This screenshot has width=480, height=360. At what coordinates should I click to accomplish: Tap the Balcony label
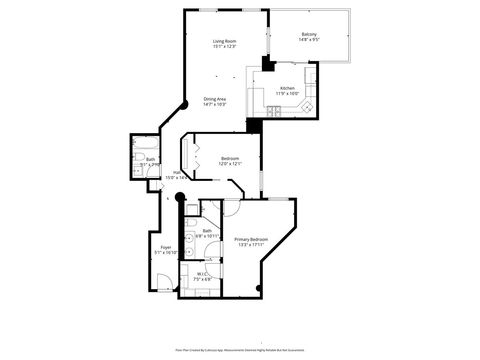tap(310, 35)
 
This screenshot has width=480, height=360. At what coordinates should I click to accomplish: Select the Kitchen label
tap(287, 88)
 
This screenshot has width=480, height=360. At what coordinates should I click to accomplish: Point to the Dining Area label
tap(215, 99)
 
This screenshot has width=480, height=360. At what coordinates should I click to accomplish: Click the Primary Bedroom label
tap(250, 239)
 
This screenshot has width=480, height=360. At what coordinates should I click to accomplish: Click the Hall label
tap(176, 172)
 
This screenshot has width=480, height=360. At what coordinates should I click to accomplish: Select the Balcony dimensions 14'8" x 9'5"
tap(310, 41)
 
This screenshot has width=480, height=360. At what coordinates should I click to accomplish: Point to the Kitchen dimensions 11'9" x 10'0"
tap(287, 94)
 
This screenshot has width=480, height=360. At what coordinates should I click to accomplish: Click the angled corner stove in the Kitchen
tap(308, 106)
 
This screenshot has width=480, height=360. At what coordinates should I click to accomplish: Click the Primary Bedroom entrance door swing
tap(229, 208)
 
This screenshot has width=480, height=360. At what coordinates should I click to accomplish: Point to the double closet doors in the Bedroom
tap(185, 158)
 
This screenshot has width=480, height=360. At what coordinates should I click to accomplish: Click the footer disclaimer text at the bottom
tap(240, 349)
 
